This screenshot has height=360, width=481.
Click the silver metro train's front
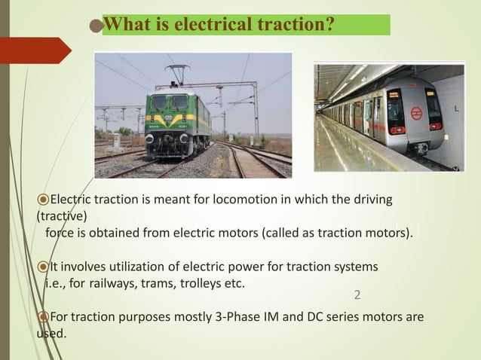413,113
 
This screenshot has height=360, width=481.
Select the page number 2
357,293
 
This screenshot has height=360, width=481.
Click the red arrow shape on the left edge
34,50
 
